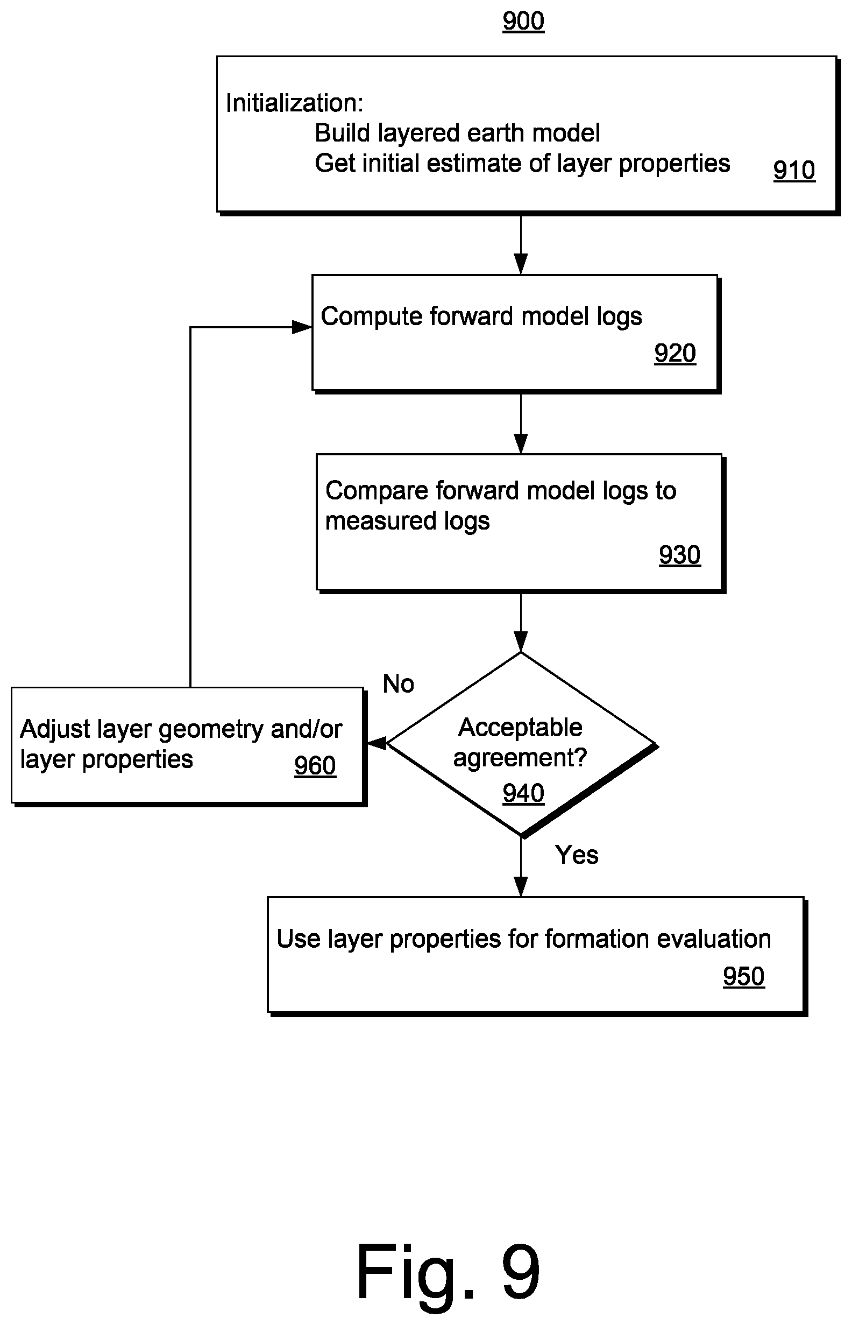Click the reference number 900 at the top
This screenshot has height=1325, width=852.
point(523,21)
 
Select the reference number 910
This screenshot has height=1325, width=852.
point(794,170)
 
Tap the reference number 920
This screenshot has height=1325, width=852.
point(675,353)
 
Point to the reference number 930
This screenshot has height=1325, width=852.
point(679,554)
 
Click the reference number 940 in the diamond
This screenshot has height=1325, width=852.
point(523,793)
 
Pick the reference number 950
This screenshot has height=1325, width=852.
point(743,976)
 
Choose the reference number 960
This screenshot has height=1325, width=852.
point(315,765)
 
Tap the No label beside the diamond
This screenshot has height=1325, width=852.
point(399,684)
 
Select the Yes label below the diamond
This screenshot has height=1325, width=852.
point(577,855)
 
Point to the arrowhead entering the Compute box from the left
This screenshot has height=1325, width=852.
point(302,327)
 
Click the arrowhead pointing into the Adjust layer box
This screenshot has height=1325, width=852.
point(377,743)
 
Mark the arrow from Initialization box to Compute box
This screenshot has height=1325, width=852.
point(521,245)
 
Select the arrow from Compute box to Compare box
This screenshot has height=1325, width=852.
point(521,424)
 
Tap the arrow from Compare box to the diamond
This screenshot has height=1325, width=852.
point(521,623)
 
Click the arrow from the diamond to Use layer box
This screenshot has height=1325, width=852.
point(521,866)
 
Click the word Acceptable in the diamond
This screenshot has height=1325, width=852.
point(520,727)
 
